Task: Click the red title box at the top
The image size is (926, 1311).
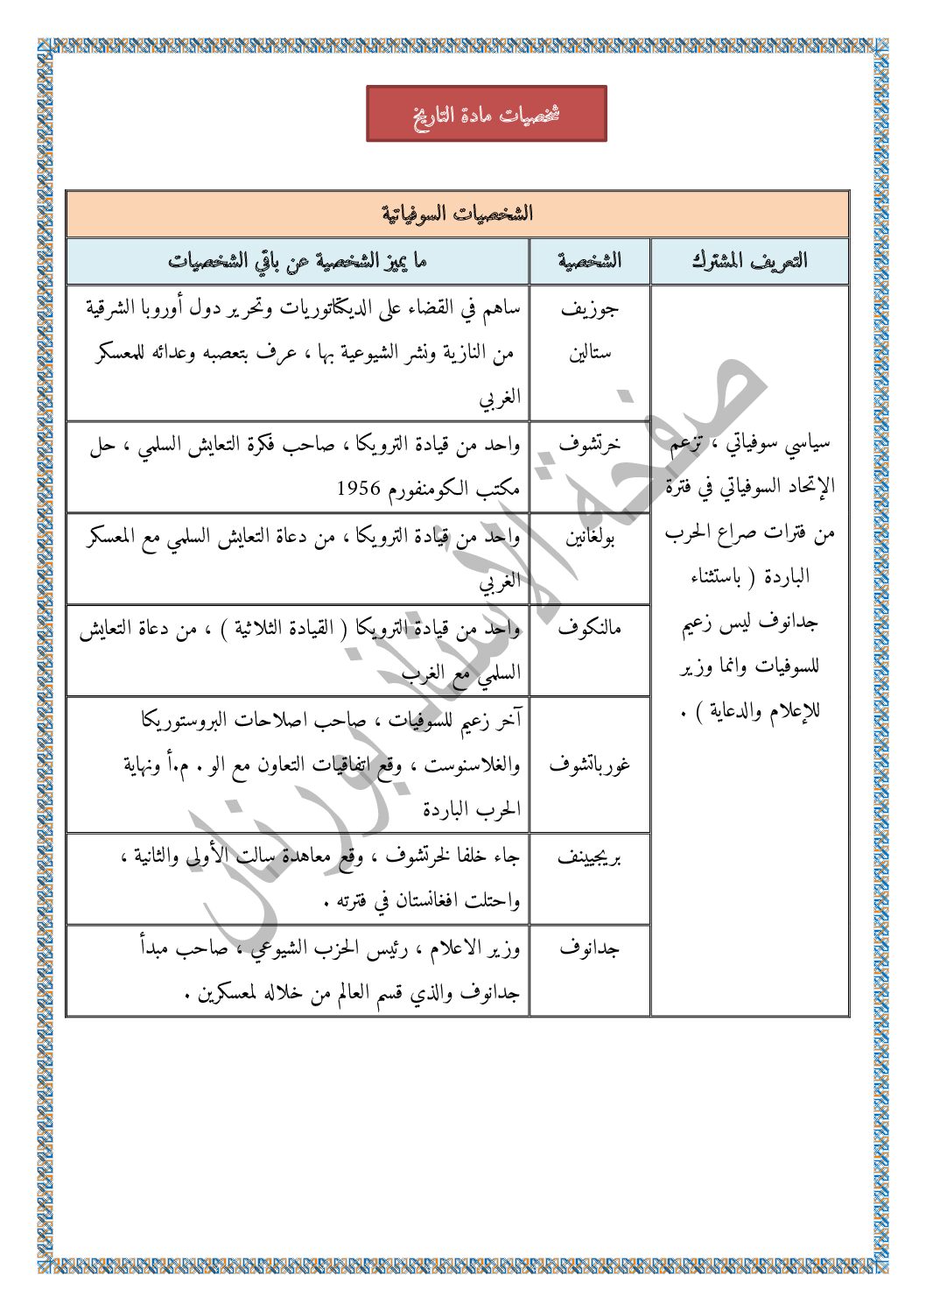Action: click(x=486, y=114)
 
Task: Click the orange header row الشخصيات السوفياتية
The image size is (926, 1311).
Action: click(x=458, y=214)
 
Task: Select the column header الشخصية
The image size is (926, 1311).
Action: click(x=590, y=261)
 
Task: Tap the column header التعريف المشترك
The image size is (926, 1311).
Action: click(x=749, y=261)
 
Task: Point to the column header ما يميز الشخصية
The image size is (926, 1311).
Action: click(x=298, y=261)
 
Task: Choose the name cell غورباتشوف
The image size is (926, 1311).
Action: click(x=590, y=765)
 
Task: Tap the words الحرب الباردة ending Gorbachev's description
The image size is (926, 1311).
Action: click(x=473, y=810)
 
